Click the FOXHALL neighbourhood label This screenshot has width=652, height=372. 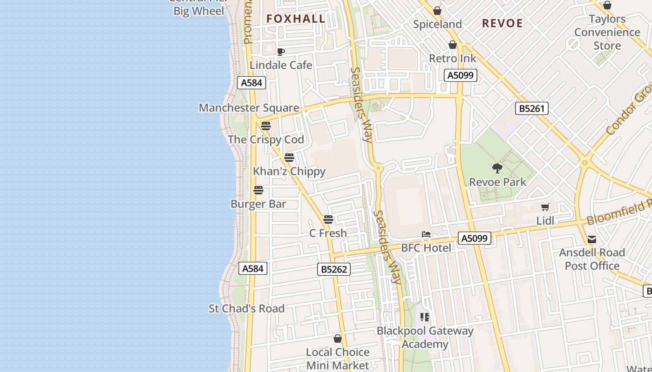296,19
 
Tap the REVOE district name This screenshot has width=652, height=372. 502,23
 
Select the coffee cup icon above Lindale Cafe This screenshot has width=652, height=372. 280,52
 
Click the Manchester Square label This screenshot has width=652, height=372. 249,108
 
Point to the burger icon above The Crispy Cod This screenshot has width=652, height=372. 266,126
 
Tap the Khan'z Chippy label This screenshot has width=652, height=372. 289,171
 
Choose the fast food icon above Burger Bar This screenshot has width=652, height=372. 258,190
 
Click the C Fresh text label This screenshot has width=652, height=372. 328,233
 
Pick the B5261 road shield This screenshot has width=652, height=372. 532,109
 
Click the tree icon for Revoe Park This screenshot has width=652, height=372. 497,168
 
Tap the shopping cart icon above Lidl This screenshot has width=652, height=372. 545,207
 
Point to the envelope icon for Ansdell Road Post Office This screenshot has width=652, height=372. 591,239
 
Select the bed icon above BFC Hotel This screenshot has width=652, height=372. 426,234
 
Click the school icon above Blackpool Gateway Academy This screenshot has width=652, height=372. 424,318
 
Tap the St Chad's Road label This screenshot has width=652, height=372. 246,308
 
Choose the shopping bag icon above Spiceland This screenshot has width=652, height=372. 437,11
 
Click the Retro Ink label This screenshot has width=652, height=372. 453,59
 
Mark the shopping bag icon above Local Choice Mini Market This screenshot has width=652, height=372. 338,339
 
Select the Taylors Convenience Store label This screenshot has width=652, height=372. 607,32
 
